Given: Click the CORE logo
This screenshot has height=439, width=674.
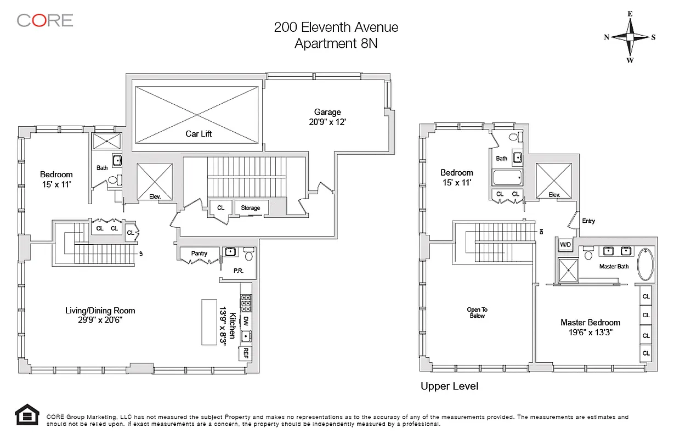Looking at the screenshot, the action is (x=45, y=20).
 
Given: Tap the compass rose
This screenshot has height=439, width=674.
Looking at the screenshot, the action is (x=630, y=37).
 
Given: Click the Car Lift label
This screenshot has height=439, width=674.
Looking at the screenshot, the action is (x=199, y=134).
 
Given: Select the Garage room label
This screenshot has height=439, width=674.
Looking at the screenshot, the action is (x=327, y=112).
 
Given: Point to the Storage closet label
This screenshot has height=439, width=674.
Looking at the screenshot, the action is (x=250, y=208).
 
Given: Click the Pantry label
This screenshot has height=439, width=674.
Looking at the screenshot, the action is (x=199, y=254).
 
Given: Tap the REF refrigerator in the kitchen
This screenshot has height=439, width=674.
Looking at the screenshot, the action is (x=246, y=353).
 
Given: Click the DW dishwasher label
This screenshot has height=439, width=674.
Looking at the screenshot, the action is (x=246, y=321).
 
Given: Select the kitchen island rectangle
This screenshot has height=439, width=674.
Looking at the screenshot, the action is (x=209, y=322).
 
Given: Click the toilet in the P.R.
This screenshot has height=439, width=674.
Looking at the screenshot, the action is (x=249, y=254).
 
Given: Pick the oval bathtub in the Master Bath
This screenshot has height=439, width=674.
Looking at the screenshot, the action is (x=645, y=264).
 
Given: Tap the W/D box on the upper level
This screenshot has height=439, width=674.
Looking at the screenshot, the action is (x=565, y=245).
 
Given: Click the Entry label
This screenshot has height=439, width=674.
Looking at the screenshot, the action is (x=588, y=221).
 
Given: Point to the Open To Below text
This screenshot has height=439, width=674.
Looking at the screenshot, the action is (x=477, y=313).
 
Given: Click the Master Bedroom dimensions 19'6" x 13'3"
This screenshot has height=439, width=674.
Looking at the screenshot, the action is (x=590, y=333).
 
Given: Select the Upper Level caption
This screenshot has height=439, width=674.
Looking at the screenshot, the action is (x=449, y=386).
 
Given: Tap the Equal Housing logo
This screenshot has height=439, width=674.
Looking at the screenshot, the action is (x=27, y=414).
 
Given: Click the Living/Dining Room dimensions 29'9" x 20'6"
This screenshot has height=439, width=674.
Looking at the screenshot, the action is (x=100, y=320).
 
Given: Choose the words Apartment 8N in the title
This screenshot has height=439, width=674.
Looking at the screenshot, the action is (x=336, y=43).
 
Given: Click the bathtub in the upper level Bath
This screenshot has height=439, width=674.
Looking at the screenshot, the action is (x=507, y=177).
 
